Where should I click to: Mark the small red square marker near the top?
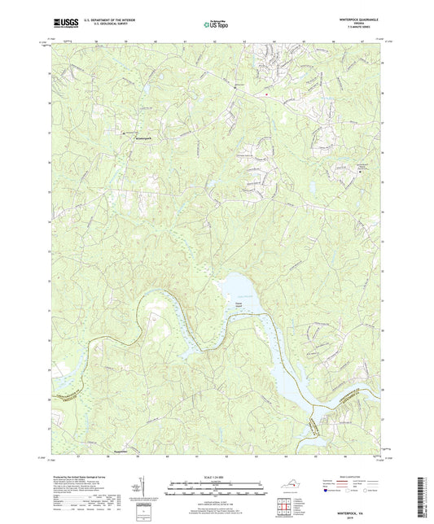(x=265, y=94)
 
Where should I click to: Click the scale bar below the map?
(x=217, y=486)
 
